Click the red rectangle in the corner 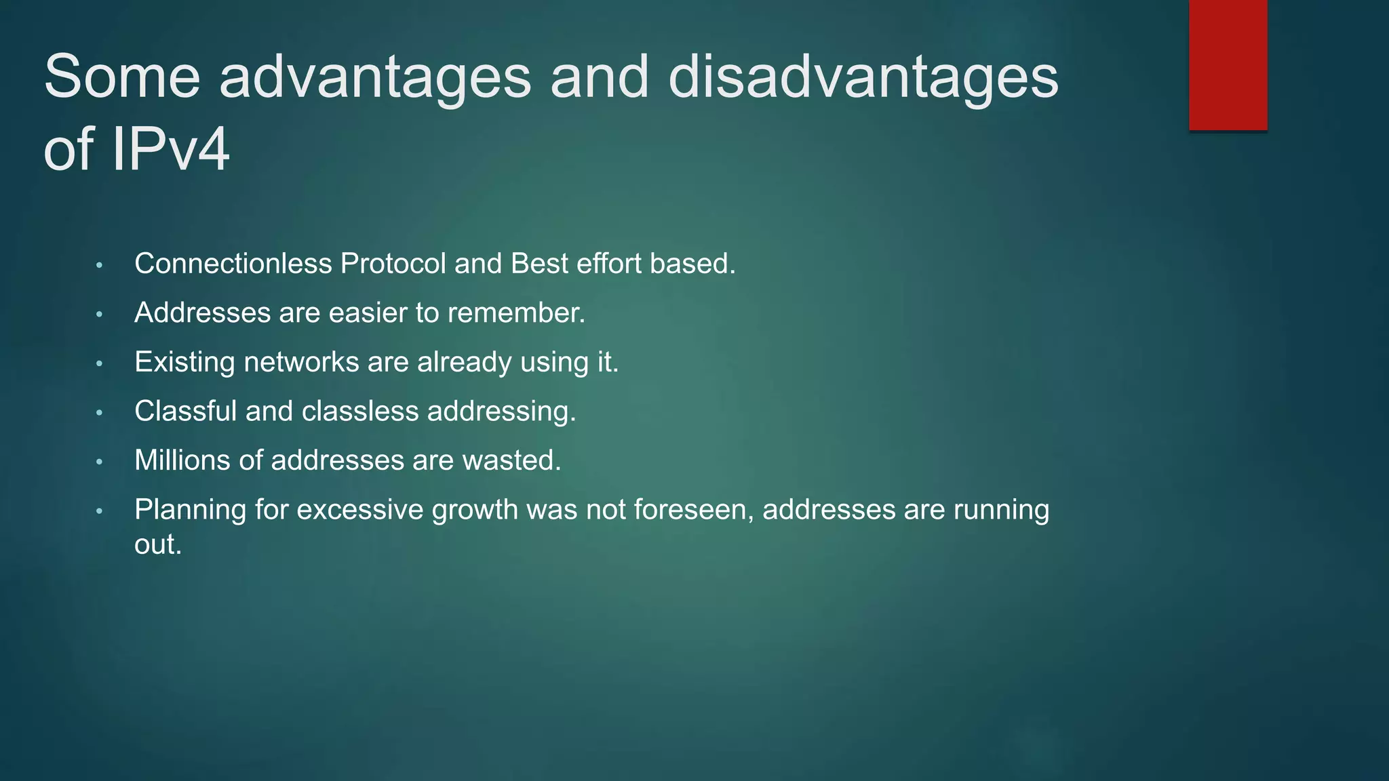click(1228, 64)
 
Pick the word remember click(515, 313)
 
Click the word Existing click(184, 362)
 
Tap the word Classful click(185, 412)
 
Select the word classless click(359, 412)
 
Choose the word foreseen click(694, 510)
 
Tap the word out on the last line click(157, 545)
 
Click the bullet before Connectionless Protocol click(99, 265)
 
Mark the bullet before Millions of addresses click(99, 462)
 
